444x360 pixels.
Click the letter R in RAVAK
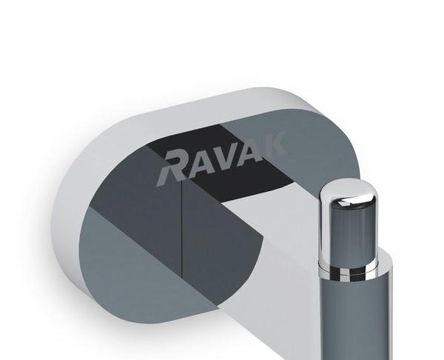click(x=175, y=165)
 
